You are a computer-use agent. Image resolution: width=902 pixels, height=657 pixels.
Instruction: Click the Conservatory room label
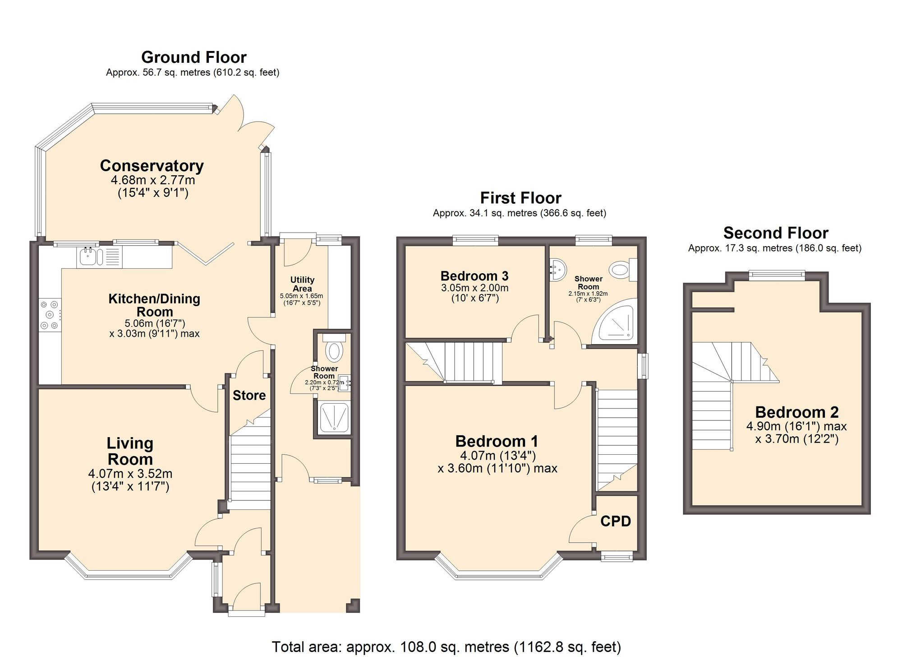152,166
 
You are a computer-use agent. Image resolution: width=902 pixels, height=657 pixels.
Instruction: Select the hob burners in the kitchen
49,315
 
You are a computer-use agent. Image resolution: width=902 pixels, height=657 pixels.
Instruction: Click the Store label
249,396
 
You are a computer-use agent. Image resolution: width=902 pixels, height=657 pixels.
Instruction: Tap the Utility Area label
302,284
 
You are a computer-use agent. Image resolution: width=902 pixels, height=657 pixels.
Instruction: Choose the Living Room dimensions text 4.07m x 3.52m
130,474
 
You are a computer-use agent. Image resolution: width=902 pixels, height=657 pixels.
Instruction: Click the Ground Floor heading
193,57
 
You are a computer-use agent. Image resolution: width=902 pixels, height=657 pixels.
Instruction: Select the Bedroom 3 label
474,275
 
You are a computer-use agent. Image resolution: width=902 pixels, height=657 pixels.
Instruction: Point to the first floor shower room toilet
622,270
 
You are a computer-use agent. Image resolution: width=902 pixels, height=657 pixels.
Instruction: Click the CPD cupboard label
615,521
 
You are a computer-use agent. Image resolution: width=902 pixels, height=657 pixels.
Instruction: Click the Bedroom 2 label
796,412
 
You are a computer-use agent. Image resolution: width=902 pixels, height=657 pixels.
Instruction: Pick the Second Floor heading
775,233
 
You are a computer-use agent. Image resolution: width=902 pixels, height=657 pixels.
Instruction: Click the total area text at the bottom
446,647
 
